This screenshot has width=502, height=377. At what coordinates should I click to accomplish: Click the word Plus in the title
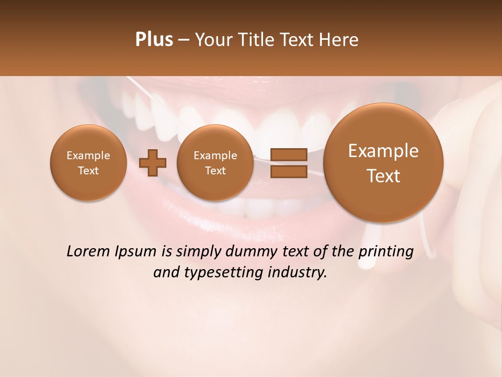[154, 40]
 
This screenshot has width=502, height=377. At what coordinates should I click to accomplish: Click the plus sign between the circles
[153, 163]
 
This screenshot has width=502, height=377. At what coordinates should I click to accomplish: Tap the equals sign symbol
[289, 163]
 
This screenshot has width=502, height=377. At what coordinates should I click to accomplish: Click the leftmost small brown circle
[88, 163]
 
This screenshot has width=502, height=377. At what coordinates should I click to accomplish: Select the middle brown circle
[215, 163]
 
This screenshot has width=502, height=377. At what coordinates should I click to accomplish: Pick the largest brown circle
[383, 163]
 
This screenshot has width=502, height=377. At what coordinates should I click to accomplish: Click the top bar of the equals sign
[289, 154]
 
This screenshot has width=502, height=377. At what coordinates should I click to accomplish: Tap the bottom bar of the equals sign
[289, 172]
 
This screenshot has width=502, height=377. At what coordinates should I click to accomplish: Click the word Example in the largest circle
[383, 151]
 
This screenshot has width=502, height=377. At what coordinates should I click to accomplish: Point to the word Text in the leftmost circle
[88, 171]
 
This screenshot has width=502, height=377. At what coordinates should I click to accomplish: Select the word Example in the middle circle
[215, 156]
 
